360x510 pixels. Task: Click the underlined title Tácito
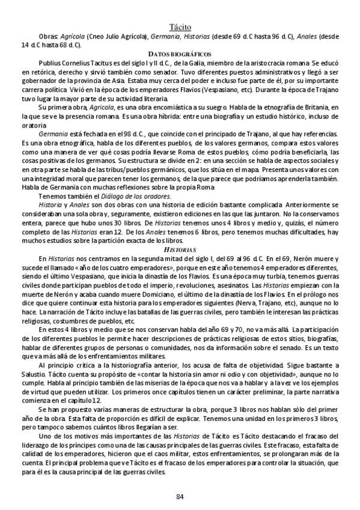point(180,26)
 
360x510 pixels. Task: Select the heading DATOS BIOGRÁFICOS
point(180,54)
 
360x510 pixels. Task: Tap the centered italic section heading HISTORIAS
point(180,248)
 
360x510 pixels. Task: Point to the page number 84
point(180,496)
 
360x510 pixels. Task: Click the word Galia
point(183,63)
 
